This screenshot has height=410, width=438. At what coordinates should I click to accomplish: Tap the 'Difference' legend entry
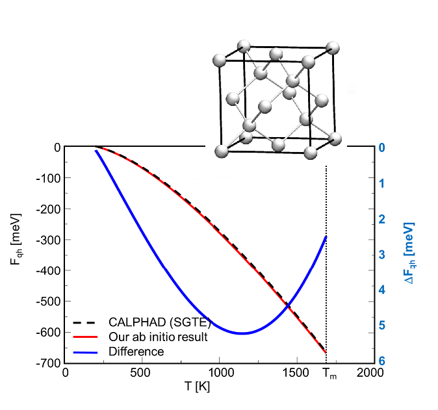(x=136, y=352)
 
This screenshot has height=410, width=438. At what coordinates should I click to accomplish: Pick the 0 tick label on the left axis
(x=57, y=147)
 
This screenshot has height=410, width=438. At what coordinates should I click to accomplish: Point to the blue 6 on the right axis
(x=383, y=362)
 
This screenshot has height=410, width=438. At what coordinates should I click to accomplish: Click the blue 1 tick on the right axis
(x=383, y=183)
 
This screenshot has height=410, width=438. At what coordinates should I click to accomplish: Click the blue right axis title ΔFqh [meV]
(x=410, y=253)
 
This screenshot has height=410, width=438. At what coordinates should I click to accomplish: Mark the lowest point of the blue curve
(x=242, y=333)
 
